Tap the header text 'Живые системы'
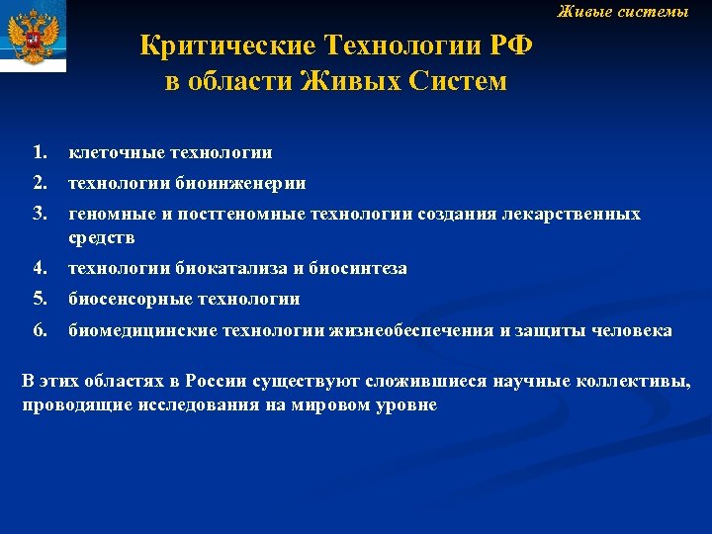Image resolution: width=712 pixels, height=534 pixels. coord(622,12)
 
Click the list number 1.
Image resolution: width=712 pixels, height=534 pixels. coord(39,152)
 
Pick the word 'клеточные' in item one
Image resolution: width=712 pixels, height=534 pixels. coord(116,153)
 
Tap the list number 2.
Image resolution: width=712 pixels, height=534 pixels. coord(39,183)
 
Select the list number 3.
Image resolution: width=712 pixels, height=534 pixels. coord(39,214)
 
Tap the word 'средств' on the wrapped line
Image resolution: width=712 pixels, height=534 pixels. coord(102,238)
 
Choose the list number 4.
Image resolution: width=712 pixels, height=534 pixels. coord(39,268)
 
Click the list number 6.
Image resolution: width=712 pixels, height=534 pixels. coord(39,329)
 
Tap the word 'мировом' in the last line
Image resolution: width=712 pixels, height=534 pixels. coord(334,405)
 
